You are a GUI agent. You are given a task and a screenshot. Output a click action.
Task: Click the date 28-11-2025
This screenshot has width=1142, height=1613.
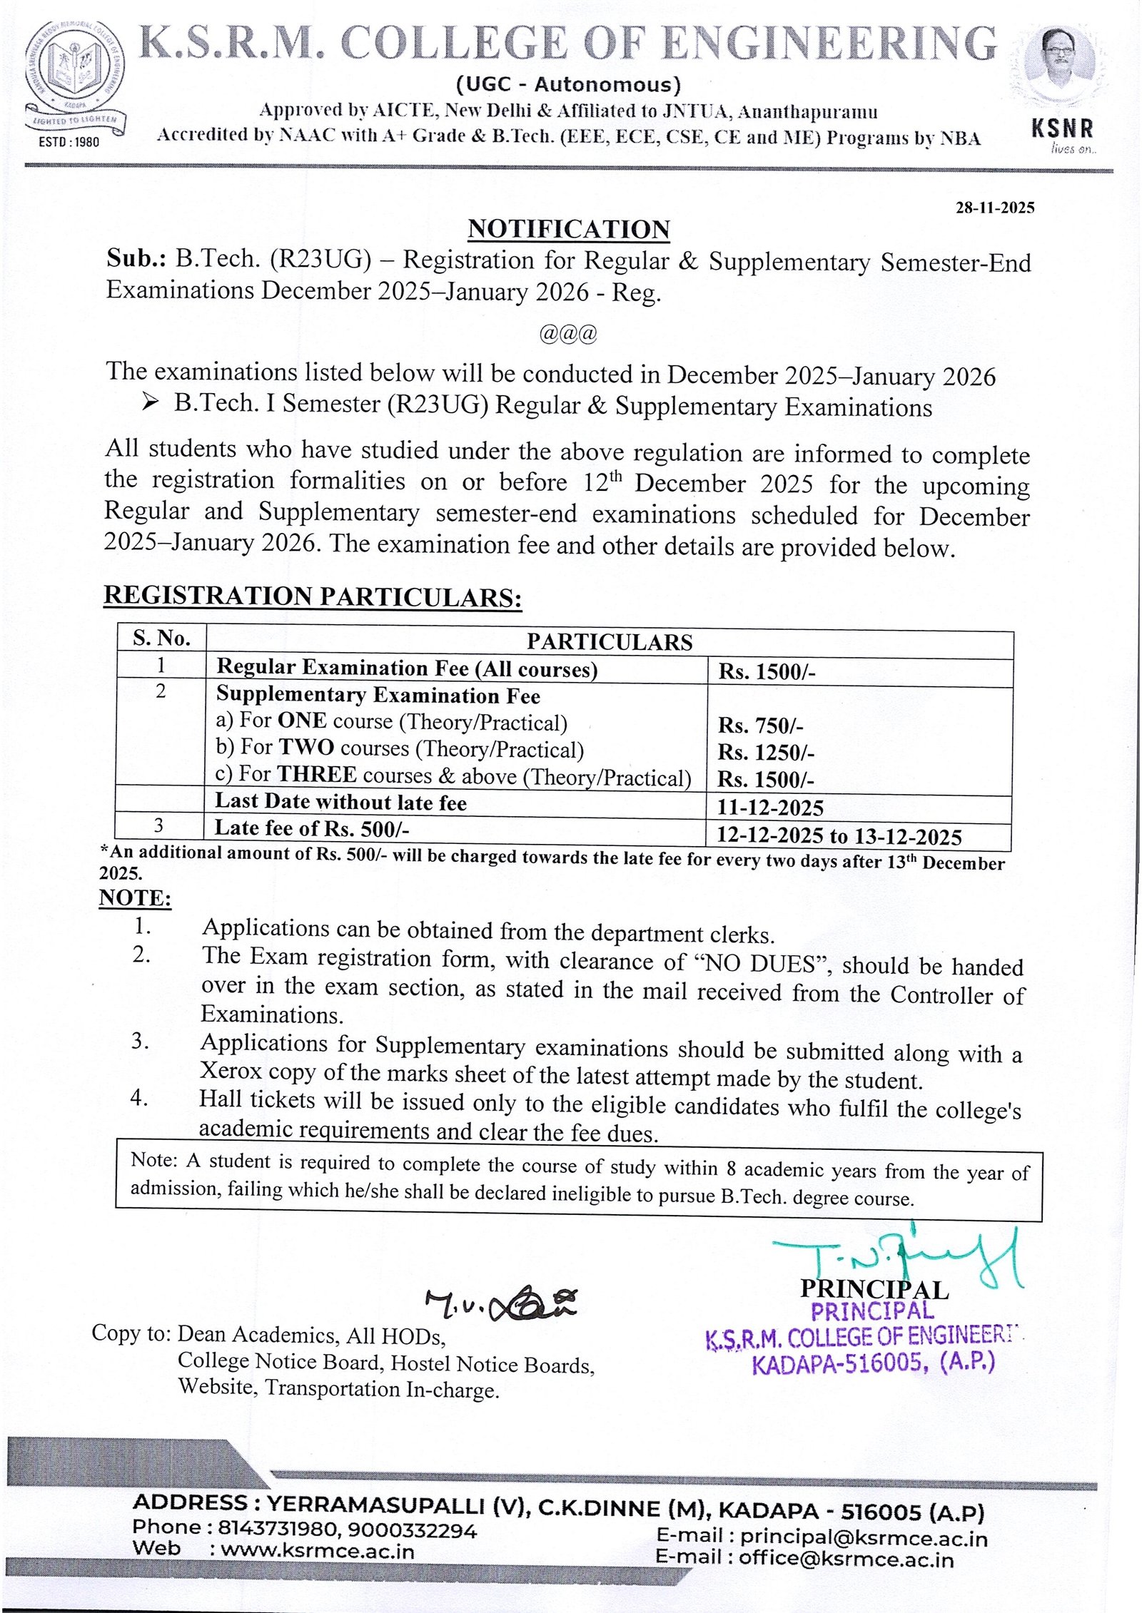click(x=994, y=208)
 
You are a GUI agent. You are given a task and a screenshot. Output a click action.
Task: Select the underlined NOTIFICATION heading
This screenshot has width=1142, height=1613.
click(x=569, y=230)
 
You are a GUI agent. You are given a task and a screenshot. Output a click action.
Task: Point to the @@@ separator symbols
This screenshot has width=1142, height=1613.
click(x=568, y=333)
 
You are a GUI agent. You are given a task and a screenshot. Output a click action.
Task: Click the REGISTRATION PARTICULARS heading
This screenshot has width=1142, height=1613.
click(x=313, y=596)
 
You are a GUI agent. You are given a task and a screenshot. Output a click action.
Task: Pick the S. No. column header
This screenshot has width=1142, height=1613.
click(x=161, y=638)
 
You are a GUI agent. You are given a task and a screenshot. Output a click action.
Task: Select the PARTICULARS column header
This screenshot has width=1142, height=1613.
click(x=609, y=641)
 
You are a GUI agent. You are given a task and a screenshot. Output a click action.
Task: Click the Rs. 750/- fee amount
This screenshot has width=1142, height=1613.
click(x=760, y=726)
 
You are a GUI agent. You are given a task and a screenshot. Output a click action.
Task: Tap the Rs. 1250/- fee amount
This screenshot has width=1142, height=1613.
click(x=766, y=753)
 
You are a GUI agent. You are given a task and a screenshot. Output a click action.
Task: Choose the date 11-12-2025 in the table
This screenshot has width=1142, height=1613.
click(x=769, y=808)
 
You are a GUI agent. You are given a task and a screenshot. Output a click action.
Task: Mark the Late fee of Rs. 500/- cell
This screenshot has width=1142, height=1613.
click(x=312, y=828)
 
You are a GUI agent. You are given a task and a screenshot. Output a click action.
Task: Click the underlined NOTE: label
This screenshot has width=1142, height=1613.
click(x=135, y=897)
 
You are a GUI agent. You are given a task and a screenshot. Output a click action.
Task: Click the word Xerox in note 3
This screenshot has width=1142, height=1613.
click(x=231, y=1071)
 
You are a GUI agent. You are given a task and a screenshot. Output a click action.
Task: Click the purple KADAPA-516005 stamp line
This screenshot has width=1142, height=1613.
click(x=872, y=1365)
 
